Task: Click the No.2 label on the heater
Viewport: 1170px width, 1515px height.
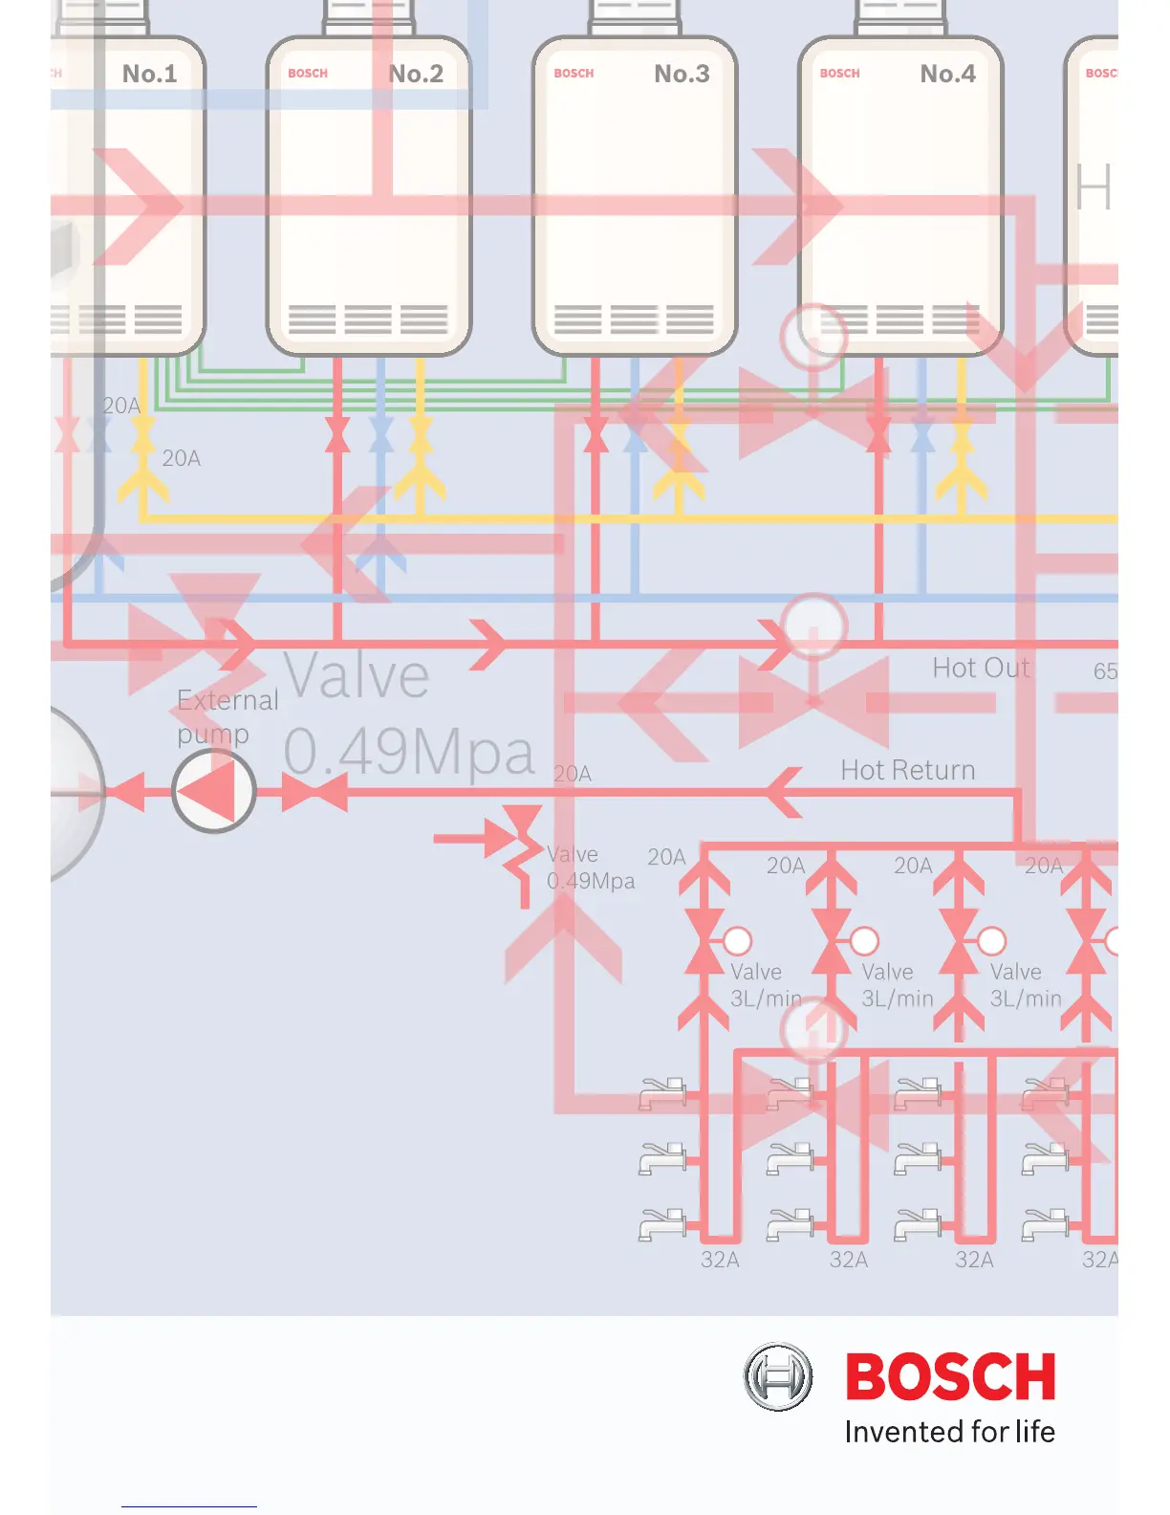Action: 416,74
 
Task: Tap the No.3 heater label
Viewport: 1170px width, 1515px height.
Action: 682,74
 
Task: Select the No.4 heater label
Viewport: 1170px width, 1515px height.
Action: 947,74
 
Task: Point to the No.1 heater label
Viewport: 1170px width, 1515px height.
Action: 150,74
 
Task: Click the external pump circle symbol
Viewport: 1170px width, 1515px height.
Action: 214,791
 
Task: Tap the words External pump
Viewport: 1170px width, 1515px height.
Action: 227,716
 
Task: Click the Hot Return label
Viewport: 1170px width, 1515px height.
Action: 907,770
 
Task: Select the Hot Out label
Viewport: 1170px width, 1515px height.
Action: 981,668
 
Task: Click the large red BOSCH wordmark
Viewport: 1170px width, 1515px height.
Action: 950,1377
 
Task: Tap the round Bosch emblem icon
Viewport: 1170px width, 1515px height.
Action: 778,1377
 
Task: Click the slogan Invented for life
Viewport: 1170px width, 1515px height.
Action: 949,1432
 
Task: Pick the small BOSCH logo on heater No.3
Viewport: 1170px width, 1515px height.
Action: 574,74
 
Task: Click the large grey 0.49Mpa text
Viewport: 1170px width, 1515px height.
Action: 408,752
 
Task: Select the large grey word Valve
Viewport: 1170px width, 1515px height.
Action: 357,676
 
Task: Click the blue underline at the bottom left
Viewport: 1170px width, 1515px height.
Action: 189,1507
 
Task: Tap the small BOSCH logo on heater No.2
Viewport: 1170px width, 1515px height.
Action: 308,74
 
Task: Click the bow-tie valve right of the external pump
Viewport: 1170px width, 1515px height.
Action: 314,793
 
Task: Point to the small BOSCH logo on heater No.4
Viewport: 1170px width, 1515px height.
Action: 839,74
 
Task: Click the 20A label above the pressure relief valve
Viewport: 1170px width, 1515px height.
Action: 573,774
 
